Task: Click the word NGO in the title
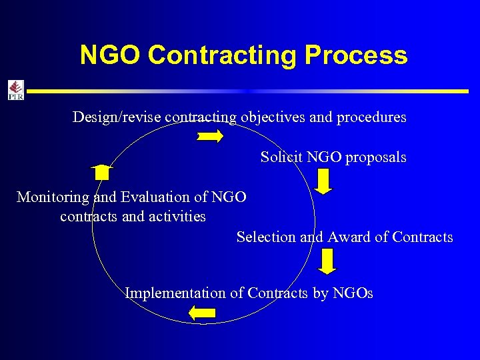tap(111, 55)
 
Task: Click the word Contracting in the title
tap(222, 55)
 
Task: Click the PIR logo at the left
tap(15, 90)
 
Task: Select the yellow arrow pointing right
tap(210, 137)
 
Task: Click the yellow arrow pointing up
tap(101, 172)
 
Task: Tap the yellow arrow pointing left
tap(202, 313)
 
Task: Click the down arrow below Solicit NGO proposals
tap(323, 181)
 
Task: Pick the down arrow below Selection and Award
tap(327, 261)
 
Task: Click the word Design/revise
tap(116, 117)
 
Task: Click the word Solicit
tap(280, 157)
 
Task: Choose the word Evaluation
tap(153, 197)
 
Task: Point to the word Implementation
tap(175, 293)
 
